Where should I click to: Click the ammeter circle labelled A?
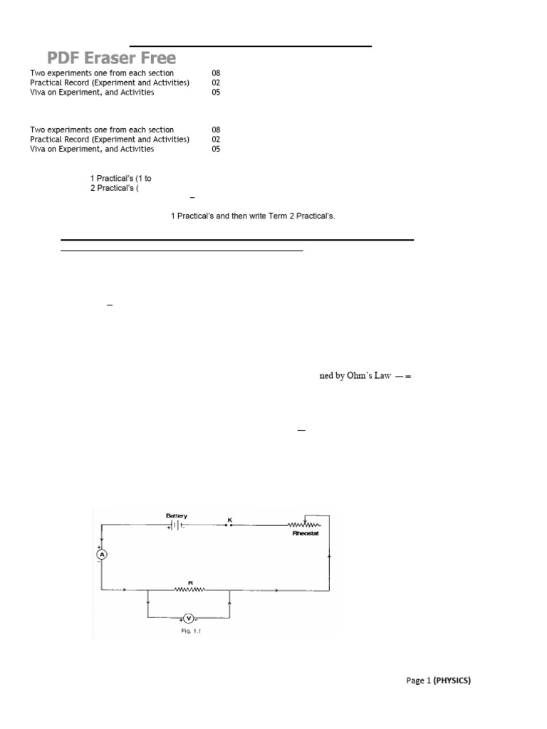(x=101, y=555)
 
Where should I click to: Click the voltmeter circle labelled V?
(x=188, y=618)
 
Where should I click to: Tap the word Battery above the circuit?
(x=177, y=515)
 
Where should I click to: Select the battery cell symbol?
(x=174, y=525)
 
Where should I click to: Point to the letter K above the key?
(x=229, y=520)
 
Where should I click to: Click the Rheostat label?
(x=304, y=533)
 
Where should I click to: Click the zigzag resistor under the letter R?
(x=189, y=589)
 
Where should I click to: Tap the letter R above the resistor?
(x=190, y=582)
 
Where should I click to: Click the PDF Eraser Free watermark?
(x=112, y=58)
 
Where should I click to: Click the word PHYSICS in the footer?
(x=452, y=681)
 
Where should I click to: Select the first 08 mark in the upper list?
(x=216, y=73)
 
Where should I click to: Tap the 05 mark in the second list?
(x=216, y=150)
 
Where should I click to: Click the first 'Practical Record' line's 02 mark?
(x=216, y=83)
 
